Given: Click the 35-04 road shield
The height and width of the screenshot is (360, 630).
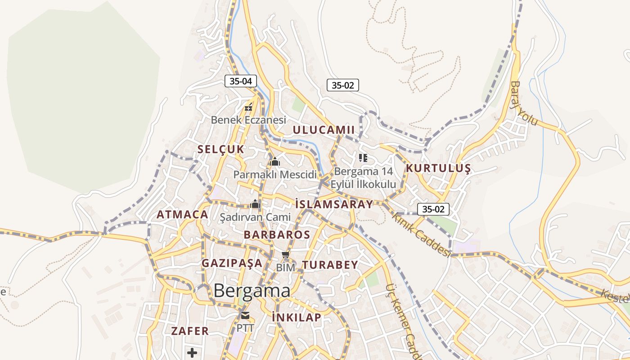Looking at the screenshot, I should [241, 81].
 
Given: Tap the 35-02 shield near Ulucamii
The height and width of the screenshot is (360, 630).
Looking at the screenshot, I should [343, 85].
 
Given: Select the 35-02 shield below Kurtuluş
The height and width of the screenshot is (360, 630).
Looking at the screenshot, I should [433, 209].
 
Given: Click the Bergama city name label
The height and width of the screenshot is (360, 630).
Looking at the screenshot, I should [252, 291].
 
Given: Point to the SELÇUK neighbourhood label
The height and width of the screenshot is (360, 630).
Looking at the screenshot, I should [220, 149].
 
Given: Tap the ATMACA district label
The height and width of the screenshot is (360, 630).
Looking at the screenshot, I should [182, 215].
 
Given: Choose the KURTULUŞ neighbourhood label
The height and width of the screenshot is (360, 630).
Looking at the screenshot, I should [438, 169].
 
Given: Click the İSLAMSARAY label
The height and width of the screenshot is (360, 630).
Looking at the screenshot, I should [334, 204].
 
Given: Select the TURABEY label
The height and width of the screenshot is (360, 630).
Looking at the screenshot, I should [330, 265].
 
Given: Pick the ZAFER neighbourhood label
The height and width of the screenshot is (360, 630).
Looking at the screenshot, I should [190, 331].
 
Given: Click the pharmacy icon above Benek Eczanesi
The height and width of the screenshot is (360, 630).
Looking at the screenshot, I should [248, 108].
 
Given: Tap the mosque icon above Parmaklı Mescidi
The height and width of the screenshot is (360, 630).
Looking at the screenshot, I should [274, 162].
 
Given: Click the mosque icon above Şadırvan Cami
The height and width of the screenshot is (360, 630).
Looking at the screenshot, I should [255, 204].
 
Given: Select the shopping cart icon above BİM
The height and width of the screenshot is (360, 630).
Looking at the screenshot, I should [285, 256].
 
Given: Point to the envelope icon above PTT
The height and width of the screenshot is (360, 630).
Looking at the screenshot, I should [245, 315].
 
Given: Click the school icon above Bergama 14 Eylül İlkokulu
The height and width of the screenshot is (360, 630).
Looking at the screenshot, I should [363, 158].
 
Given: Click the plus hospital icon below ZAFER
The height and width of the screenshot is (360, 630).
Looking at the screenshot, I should [192, 352].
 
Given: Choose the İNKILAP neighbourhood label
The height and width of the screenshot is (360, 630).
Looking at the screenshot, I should [297, 318].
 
